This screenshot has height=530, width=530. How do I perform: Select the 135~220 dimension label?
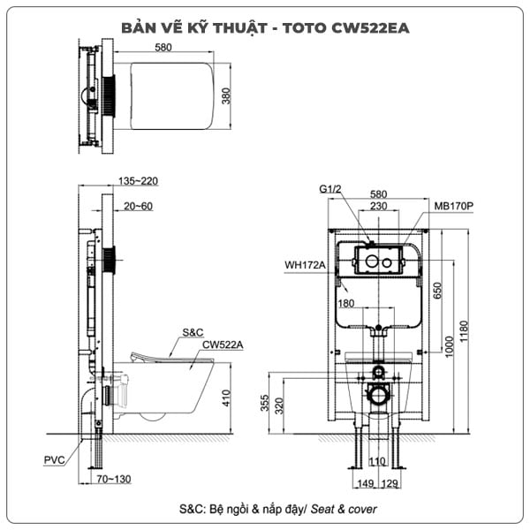(137, 181)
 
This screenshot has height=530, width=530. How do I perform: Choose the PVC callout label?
(54, 460)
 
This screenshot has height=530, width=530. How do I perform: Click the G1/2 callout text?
(331, 189)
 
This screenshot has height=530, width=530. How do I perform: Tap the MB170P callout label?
(454, 206)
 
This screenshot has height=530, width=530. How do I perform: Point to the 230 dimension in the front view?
(378, 206)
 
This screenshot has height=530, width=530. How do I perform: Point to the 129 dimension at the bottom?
(390, 483)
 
